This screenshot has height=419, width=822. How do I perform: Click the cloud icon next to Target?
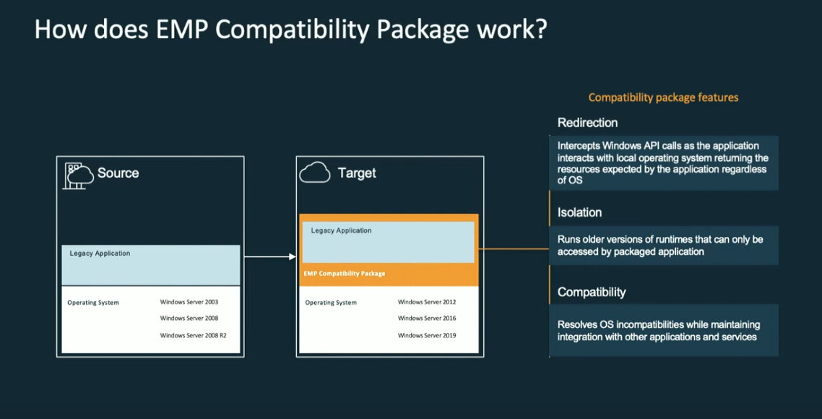(x=314, y=173)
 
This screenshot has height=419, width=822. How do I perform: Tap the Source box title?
(x=118, y=173)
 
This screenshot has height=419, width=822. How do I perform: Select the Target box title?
(x=357, y=173)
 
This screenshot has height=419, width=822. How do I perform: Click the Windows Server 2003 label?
(x=189, y=302)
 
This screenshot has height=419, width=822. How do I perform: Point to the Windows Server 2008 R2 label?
(x=193, y=335)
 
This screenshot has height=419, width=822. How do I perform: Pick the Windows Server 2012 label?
(x=426, y=302)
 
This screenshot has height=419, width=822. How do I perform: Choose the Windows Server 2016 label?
(x=426, y=319)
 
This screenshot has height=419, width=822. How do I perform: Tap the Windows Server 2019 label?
(x=426, y=335)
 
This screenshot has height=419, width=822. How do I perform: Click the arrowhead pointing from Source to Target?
(x=293, y=256)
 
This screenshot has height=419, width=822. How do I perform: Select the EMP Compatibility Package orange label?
(x=345, y=274)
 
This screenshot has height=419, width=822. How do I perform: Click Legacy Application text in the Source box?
(x=100, y=254)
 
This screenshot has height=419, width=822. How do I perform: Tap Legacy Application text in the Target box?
(x=341, y=230)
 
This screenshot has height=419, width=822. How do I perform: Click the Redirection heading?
(x=587, y=123)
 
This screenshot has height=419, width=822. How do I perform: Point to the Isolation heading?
(x=579, y=212)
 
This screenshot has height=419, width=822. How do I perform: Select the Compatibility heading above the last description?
(x=592, y=293)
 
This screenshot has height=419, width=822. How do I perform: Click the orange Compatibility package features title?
(x=663, y=98)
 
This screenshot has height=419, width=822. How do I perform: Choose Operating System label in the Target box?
(x=331, y=303)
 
